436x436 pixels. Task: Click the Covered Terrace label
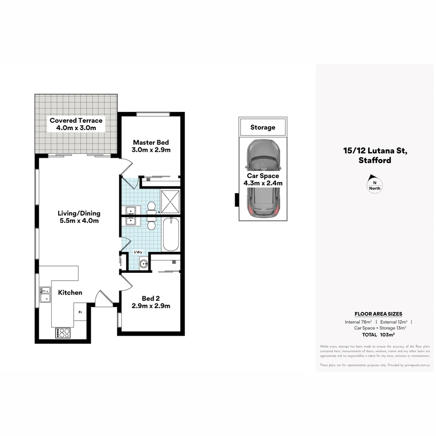coord(76,120)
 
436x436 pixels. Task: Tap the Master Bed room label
coord(151,143)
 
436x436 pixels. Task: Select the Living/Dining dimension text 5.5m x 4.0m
coord(79,221)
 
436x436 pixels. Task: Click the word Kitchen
coord(70,293)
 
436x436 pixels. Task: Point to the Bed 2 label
coord(151,298)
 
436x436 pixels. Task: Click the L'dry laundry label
coord(138,252)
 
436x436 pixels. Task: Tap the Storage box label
coord(262,128)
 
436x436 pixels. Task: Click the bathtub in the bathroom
coord(170,234)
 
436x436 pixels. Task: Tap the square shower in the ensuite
coord(170,200)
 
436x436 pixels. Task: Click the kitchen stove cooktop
coord(63,333)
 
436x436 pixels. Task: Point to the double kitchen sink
coord(45,294)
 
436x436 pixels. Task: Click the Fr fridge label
coord(80,312)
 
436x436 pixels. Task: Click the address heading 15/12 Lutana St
coord(375,151)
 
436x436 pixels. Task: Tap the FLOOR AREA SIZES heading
coord(378,314)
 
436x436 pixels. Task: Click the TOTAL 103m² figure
coord(378,335)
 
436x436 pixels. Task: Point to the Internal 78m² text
coord(358,322)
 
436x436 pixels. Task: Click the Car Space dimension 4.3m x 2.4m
coord(263,183)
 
